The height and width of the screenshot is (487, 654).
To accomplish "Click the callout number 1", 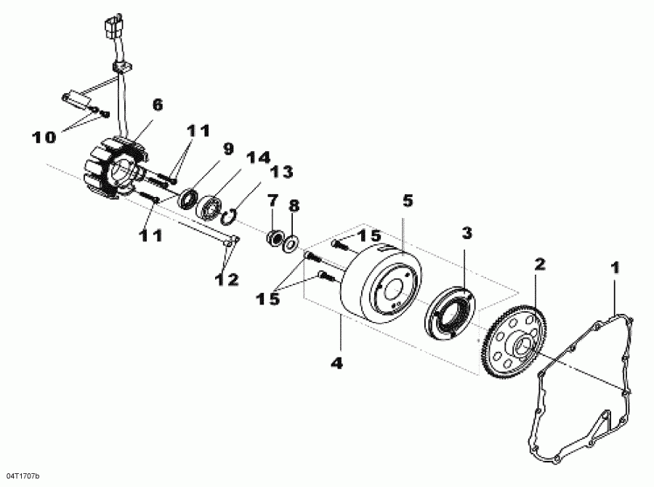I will point(615,268).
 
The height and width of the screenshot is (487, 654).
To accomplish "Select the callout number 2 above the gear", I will point(538,262).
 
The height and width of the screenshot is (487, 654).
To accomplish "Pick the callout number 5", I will point(408,200).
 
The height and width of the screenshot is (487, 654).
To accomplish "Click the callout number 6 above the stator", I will point(157,105).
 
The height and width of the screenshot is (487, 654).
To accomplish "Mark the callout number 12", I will point(226,278).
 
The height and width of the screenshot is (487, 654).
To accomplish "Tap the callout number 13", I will point(281,172).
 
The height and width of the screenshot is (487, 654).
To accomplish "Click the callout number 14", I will point(256,158).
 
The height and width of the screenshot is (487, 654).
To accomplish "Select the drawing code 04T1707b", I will point(21,476).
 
